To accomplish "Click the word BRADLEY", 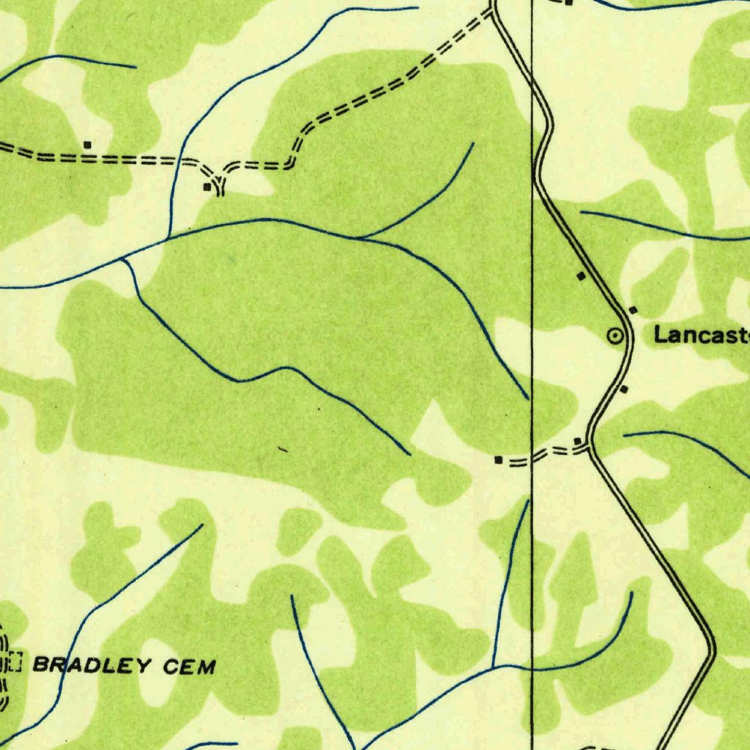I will point(93,665).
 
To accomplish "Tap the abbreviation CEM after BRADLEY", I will point(189,666).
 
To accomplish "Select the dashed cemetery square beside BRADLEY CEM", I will point(14,664).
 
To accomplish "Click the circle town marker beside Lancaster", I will point(616,336).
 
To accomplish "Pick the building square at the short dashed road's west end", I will point(499,460).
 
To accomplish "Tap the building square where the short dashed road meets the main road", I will point(578,440).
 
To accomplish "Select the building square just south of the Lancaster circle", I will point(623,389).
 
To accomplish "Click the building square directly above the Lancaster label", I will point(633,310).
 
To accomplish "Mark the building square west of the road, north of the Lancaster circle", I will point(581,276).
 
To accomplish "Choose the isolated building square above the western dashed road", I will point(87,144).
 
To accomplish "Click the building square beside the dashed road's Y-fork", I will point(207,187).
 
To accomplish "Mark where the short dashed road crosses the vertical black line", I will point(532,457).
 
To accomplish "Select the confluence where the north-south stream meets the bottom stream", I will point(494,666).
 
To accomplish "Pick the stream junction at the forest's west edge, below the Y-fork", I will point(123,258).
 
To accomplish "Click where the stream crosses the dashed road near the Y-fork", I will point(177,158).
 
